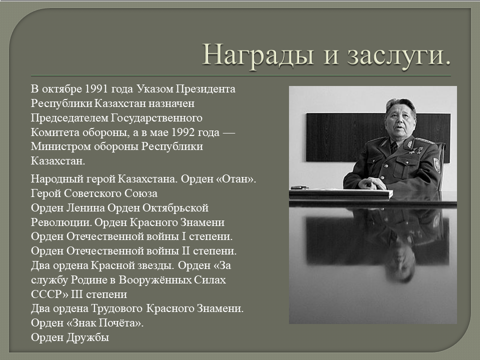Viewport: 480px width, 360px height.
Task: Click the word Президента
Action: (x=205, y=89)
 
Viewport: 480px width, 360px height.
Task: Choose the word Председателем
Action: (x=69, y=118)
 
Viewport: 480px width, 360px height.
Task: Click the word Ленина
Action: (x=85, y=208)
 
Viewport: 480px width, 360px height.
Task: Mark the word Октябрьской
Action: (x=175, y=208)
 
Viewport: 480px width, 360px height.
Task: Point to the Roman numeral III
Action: (x=77, y=294)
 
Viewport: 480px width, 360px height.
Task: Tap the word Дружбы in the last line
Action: (x=87, y=337)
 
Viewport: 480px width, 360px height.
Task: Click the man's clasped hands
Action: (x=371, y=183)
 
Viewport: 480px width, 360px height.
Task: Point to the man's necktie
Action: (x=393, y=147)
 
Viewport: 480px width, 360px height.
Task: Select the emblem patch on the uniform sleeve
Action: (x=437, y=165)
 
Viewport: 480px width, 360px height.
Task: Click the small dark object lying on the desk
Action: (x=299, y=187)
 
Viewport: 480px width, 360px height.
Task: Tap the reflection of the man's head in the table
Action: (x=400, y=264)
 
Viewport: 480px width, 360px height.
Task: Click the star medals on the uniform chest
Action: (x=415, y=150)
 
